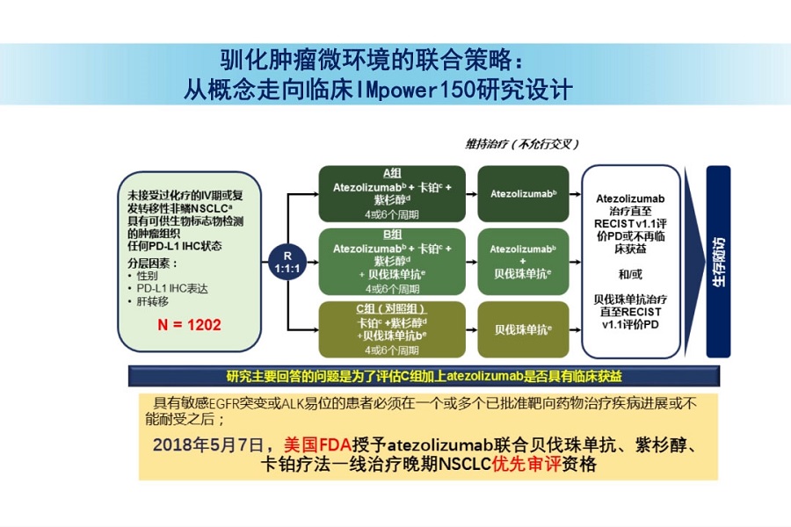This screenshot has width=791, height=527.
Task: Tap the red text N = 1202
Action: (x=189, y=324)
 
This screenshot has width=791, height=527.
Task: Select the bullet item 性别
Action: (x=147, y=275)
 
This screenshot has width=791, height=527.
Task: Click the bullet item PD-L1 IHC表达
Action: (x=168, y=288)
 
